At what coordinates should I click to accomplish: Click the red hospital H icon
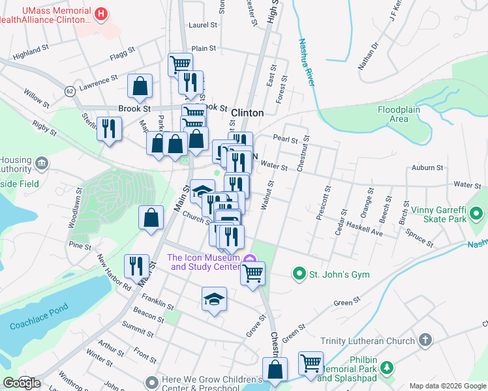point(101,14)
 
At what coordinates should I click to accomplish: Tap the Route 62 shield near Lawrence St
point(70,92)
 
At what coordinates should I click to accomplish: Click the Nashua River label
point(307,63)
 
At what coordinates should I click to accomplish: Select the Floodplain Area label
point(402,114)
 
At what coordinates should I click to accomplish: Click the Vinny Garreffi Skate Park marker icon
point(477,212)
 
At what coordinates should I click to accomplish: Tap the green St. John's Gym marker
point(299,274)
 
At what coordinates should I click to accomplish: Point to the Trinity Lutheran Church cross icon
point(425,340)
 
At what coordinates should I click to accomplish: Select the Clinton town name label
point(247,113)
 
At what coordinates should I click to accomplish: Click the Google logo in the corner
point(22,383)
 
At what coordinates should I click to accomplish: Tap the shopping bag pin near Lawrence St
point(140,85)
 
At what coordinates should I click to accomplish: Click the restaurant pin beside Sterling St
point(109,128)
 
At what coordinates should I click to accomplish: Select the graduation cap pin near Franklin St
point(214,299)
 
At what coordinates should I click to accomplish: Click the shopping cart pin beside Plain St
point(180,65)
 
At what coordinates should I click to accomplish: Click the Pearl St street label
point(285,139)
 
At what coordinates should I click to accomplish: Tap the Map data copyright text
point(447,385)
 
